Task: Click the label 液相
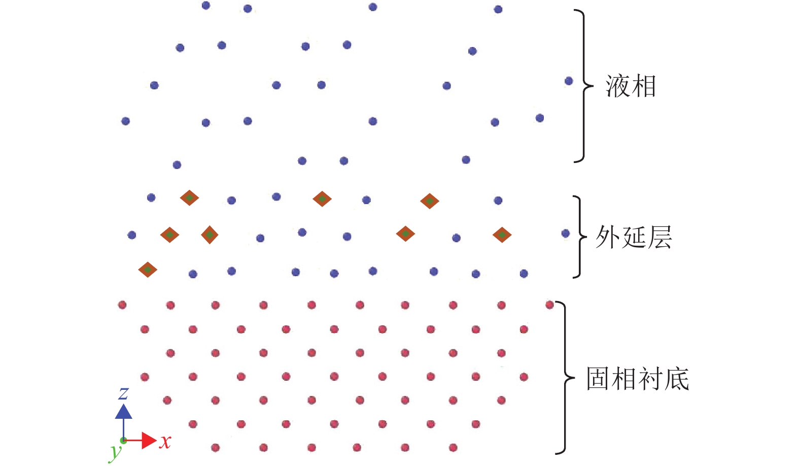point(631,86)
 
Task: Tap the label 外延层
point(634,237)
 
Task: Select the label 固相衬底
point(638,379)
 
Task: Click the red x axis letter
point(165,442)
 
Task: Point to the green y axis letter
point(116,451)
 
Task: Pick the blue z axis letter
point(123,393)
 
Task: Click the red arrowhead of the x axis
point(149,440)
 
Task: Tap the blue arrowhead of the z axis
point(123,411)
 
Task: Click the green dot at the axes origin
point(123,440)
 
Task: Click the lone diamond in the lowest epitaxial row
point(148,270)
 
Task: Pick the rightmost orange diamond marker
point(502,235)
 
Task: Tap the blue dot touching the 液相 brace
point(569,81)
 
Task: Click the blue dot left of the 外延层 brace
point(566,234)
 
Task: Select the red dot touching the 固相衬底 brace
point(549,305)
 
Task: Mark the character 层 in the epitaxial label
point(659,237)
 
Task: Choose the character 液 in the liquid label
point(617,86)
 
